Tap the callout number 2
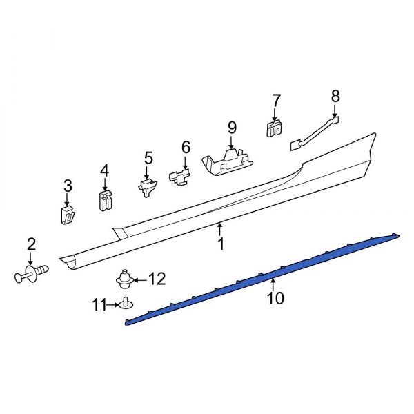pyautogui.click(x=31, y=243)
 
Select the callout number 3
pyautogui.click(x=68, y=185)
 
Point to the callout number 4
pyautogui.click(x=104, y=170)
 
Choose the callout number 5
pyautogui.click(x=148, y=158)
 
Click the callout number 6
pyautogui.click(x=186, y=147)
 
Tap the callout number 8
pyautogui.click(x=335, y=95)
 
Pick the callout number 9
pyautogui.click(x=232, y=127)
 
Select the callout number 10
pyautogui.click(x=275, y=298)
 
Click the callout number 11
pyautogui.click(x=99, y=303)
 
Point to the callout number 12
pyautogui.click(x=157, y=279)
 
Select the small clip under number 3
pyautogui.click(x=67, y=214)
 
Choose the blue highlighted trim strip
pyautogui.click(x=262, y=276)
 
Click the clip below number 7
pyautogui.click(x=275, y=128)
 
